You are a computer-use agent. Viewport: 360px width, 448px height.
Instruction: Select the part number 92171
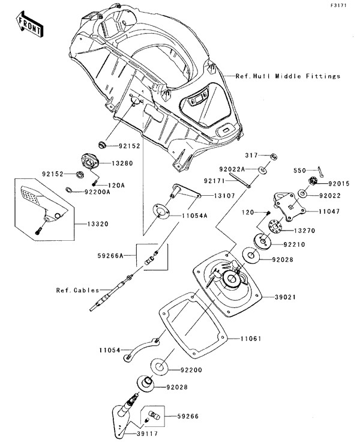(x=215, y=180)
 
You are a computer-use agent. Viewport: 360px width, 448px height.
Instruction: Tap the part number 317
(x=255, y=156)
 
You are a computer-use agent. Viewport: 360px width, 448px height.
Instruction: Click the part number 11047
(x=329, y=212)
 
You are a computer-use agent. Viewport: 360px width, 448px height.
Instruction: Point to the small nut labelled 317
(x=272, y=157)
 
